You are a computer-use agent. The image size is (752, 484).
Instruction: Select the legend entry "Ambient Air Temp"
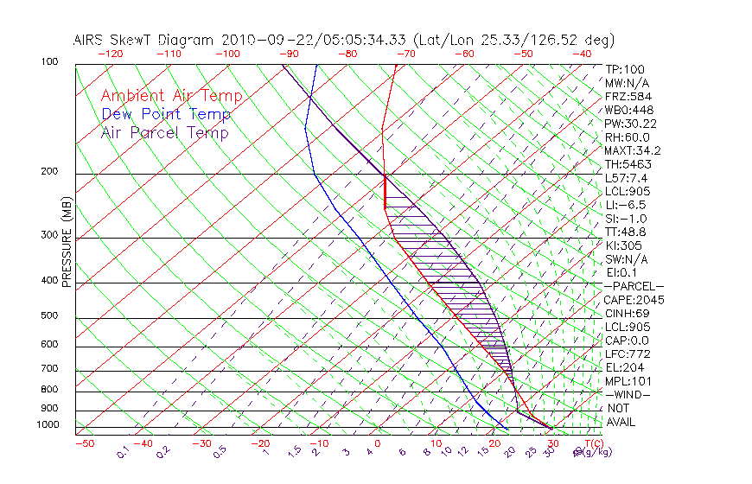coord(171,96)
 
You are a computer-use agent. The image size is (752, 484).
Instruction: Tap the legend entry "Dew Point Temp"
coord(166,114)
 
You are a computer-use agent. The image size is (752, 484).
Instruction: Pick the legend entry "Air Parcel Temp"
coord(164,132)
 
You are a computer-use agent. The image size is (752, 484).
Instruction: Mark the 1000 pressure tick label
coord(49,424)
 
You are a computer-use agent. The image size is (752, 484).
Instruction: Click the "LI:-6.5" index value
coord(626,205)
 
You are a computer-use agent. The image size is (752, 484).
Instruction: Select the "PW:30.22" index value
coord(630,124)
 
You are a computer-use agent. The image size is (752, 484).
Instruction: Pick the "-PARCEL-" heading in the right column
coord(634,286)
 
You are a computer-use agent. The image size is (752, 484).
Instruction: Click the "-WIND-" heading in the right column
coord(628,394)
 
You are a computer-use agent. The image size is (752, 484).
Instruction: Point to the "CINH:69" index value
coord(627,313)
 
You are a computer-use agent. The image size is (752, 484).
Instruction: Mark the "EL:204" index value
coord(623,367)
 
